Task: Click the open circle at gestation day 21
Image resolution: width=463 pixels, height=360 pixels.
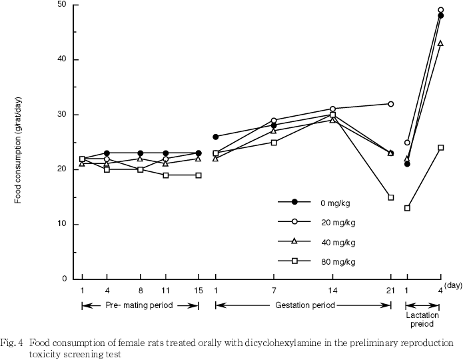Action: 390,104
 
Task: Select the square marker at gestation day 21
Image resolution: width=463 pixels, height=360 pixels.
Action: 391,197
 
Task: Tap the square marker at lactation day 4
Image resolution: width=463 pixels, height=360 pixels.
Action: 440,147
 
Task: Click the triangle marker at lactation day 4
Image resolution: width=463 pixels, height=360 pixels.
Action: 440,43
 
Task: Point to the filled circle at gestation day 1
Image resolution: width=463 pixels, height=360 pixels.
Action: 215,137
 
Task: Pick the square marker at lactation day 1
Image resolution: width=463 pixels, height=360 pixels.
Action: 407,208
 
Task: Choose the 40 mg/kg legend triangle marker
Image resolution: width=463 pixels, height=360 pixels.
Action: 294,241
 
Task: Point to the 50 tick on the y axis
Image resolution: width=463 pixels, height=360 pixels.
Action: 61,5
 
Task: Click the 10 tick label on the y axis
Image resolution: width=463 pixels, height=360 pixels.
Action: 61,225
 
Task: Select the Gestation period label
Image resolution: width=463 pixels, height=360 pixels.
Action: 303,305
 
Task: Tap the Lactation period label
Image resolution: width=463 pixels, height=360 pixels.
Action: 422,319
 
